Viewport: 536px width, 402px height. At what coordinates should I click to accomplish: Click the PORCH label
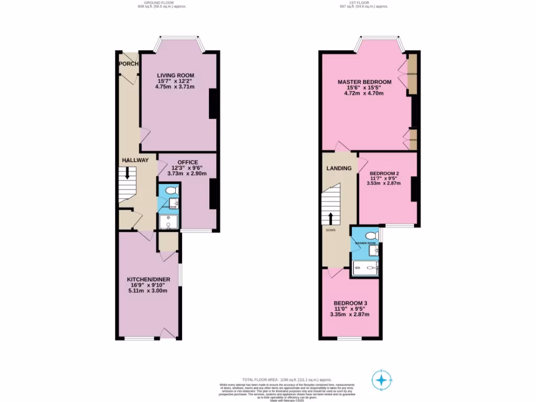point(128,64)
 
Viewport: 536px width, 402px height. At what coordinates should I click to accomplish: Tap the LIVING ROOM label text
point(175,75)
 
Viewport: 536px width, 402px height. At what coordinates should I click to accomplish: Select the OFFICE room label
point(187,162)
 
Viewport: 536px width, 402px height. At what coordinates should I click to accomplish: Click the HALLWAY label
point(136,160)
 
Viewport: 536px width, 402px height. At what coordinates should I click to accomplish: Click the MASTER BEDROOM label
point(364,82)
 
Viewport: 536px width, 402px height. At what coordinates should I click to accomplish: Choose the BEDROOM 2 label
point(385,174)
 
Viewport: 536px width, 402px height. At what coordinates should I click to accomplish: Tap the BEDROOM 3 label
point(350,303)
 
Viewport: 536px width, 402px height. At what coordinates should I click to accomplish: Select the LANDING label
point(339,169)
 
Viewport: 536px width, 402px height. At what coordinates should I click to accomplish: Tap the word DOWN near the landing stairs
point(330,230)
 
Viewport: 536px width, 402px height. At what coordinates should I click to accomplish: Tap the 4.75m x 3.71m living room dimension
point(175,87)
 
